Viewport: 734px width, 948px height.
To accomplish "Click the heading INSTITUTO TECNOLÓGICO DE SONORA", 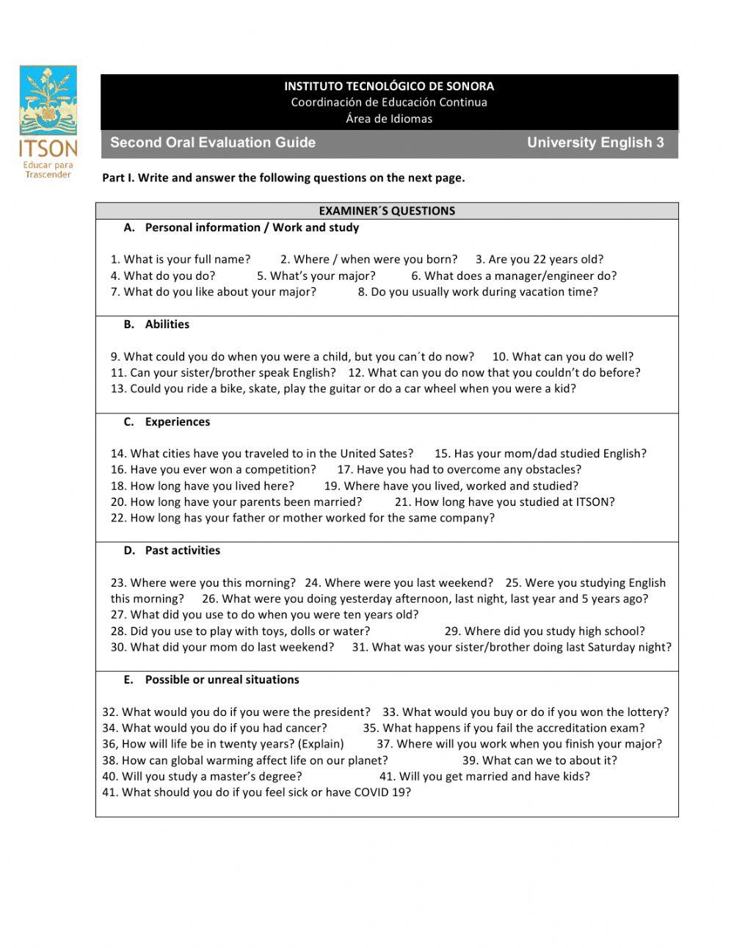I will (x=389, y=86).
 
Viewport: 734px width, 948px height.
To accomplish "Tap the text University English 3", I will (x=595, y=142).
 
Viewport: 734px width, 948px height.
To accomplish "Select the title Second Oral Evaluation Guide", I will (x=213, y=142).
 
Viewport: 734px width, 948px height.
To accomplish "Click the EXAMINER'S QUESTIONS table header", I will (x=387, y=211).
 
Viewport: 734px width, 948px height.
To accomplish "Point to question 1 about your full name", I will (x=181, y=259).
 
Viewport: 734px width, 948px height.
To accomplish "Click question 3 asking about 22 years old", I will (x=539, y=259).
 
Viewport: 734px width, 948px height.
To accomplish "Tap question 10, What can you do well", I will (x=562, y=357).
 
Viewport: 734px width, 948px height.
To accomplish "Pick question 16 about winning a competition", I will (x=214, y=470).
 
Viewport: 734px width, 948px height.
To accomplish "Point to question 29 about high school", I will (x=544, y=632).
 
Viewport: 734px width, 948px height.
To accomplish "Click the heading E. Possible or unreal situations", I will (x=211, y=680).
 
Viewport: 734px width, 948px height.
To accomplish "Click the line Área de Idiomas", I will (x=389, y=118).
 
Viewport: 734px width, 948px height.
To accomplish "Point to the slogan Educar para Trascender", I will (x=48, y=170).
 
